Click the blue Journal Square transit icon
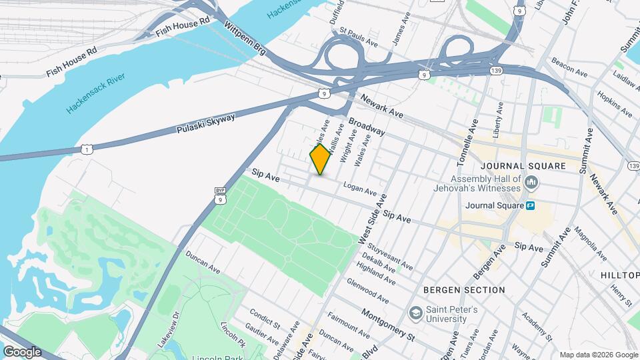531,205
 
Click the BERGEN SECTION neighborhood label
464,290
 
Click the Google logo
21,351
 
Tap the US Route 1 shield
87,147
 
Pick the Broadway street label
367,127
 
